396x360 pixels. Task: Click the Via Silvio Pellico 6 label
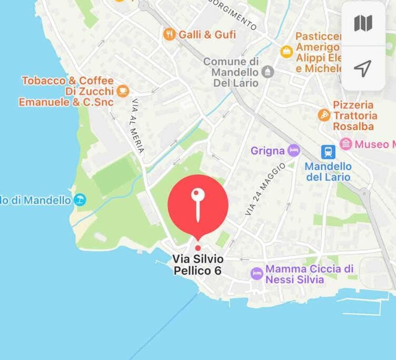click(x=198, y=265)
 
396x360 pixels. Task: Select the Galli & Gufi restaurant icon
click(x=169, y=35)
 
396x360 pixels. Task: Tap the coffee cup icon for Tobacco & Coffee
click(x=123, y=91)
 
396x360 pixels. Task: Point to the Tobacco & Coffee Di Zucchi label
click(x=66, y=91)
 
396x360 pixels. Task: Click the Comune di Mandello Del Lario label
click(x=231, y=72)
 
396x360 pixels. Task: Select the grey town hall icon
click(x=268, y=72)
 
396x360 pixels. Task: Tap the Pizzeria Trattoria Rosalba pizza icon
click(x=324, y=114)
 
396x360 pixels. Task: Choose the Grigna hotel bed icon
click(x=294, y=151)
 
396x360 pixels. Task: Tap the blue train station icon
click(x=328, y=152)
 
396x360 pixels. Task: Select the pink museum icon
click(x=345, y=143)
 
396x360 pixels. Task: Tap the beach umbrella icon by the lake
click(x=80, y=200)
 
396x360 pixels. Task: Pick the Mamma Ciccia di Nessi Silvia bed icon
click(x=256, y=274)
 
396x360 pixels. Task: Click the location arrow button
click(x=363, y=67)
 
